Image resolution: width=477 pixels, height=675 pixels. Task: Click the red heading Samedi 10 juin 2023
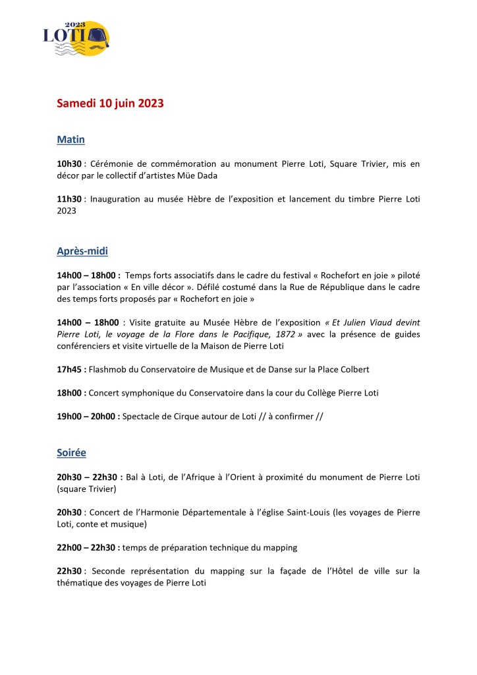pyautogui.click(x=110, y=103)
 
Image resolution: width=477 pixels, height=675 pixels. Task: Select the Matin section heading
pyautogui.click(x=70, y=140)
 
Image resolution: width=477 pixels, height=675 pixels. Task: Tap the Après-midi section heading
pyautogui.click(x=82, y=251)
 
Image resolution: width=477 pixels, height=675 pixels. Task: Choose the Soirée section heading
pyautogui.click(x=72, y=453)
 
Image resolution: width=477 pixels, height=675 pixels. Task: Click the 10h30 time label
pyautogui.click(x=69, y=162)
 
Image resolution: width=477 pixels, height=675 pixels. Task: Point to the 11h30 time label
pyautogui.click(x=69, y=199)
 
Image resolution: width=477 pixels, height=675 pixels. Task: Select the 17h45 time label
pyautogui.click(x=69, y=369)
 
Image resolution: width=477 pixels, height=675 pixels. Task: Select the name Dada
pyautogui.click(x=224, y=177)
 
